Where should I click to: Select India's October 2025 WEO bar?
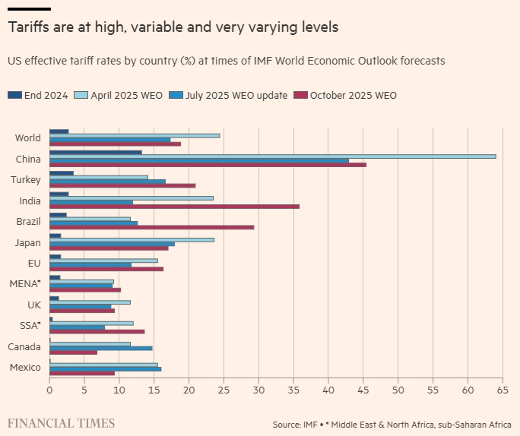[x=174, y=207]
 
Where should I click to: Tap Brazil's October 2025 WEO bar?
[x=151, y=227]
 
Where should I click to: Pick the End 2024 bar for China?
[x=96, y=152]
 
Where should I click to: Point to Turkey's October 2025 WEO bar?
[x=122, y=185]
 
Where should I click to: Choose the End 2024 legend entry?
[x=38, y=95]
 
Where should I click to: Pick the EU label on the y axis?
[x=34, y=263]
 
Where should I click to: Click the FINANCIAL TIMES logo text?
[x=61, y=422]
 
